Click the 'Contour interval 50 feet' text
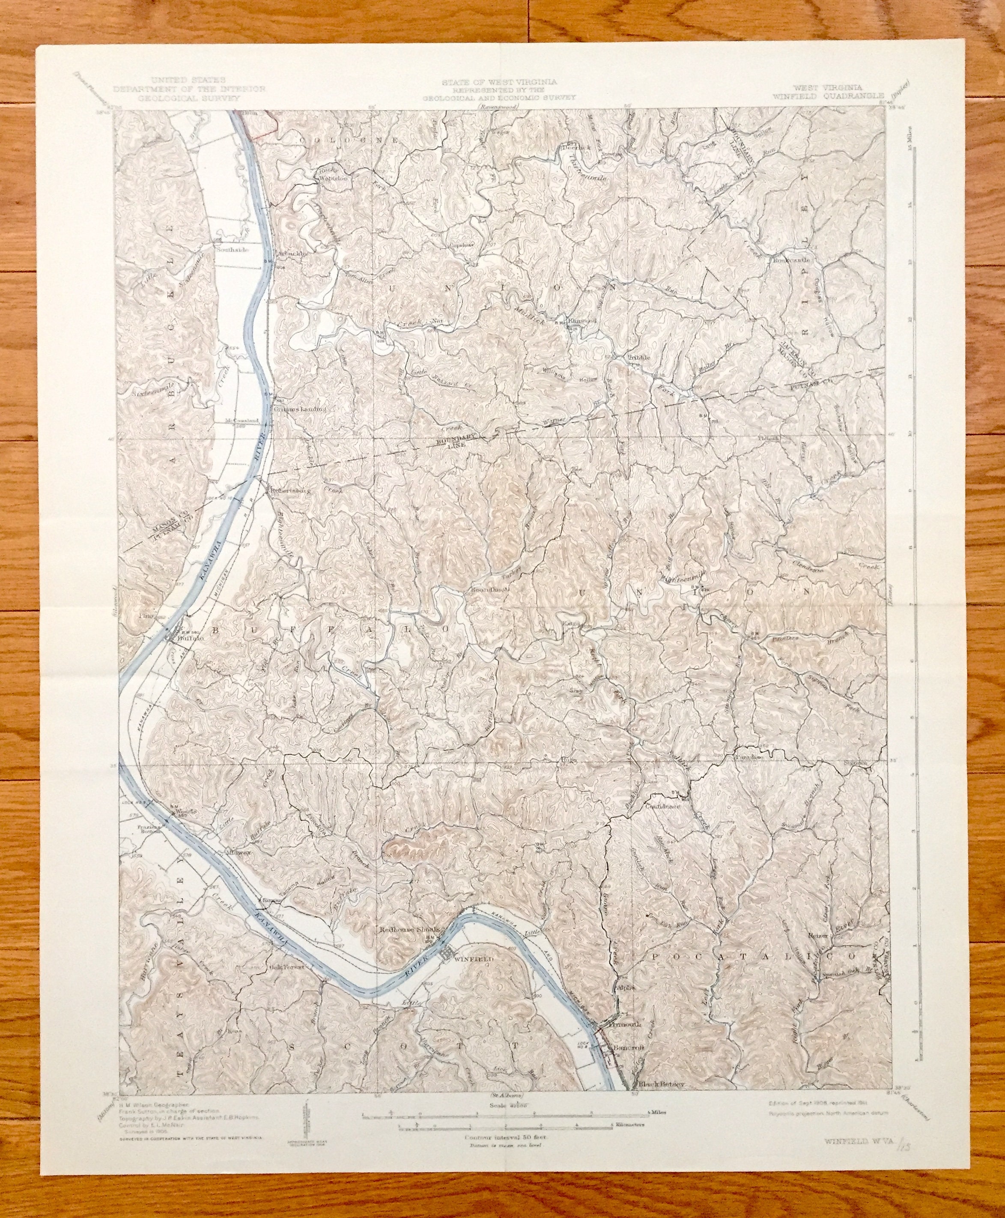[x=503, y=1120]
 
